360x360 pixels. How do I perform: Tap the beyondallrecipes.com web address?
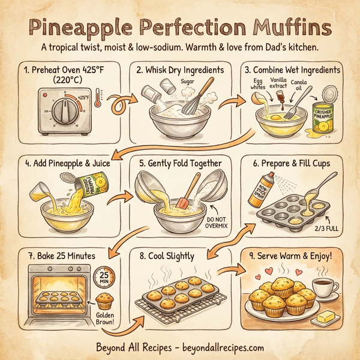coord(214,347)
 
